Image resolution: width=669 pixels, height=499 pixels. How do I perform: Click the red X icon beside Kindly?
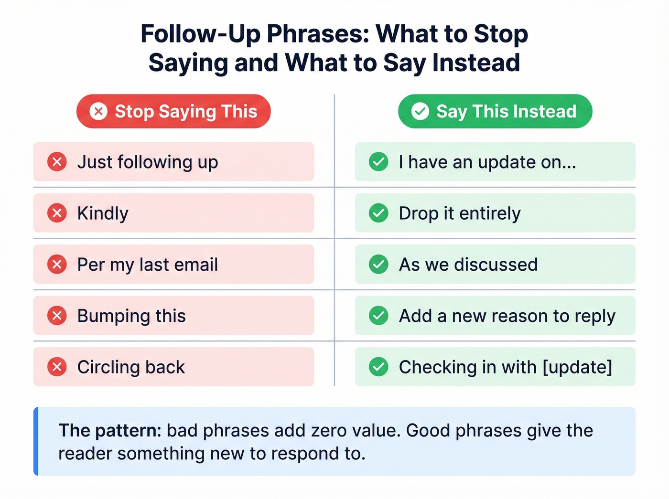[x=57, y=213]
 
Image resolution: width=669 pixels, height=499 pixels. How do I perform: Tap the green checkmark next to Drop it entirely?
[x=378, y=213]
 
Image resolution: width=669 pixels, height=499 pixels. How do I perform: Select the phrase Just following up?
[x=148, y=162]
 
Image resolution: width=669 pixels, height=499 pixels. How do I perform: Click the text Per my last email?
[x=148, y=265]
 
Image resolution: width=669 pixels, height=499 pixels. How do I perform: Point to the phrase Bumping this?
[x=131, y=316]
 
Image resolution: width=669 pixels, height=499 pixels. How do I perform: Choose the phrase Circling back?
[x=131, y=367]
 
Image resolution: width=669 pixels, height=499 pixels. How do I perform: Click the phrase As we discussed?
[x=468, y=265]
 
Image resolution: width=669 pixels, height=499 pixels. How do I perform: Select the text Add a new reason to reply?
[x=507, y=316]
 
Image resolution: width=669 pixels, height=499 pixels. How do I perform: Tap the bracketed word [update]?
[x=577, y=367]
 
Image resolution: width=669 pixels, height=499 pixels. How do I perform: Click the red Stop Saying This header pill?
[x=173, y=111]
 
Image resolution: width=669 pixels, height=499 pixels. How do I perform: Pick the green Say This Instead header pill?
[x=495, y=111]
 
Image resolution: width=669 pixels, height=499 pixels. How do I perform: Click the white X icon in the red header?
[x=98, y=111]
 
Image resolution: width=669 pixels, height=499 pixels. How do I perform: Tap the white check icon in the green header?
[x=420, y=111]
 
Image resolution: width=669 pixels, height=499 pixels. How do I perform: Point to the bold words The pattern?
[x=110, y=431]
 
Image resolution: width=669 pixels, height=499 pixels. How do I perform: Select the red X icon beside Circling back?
[x=57, y=367]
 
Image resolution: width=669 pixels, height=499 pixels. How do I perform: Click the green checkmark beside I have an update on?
[x=378, y=162]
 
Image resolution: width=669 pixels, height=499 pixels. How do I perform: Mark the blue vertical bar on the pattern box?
[x=36, y=441]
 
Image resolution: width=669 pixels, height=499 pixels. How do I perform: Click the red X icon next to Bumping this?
[x=57, y=316]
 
